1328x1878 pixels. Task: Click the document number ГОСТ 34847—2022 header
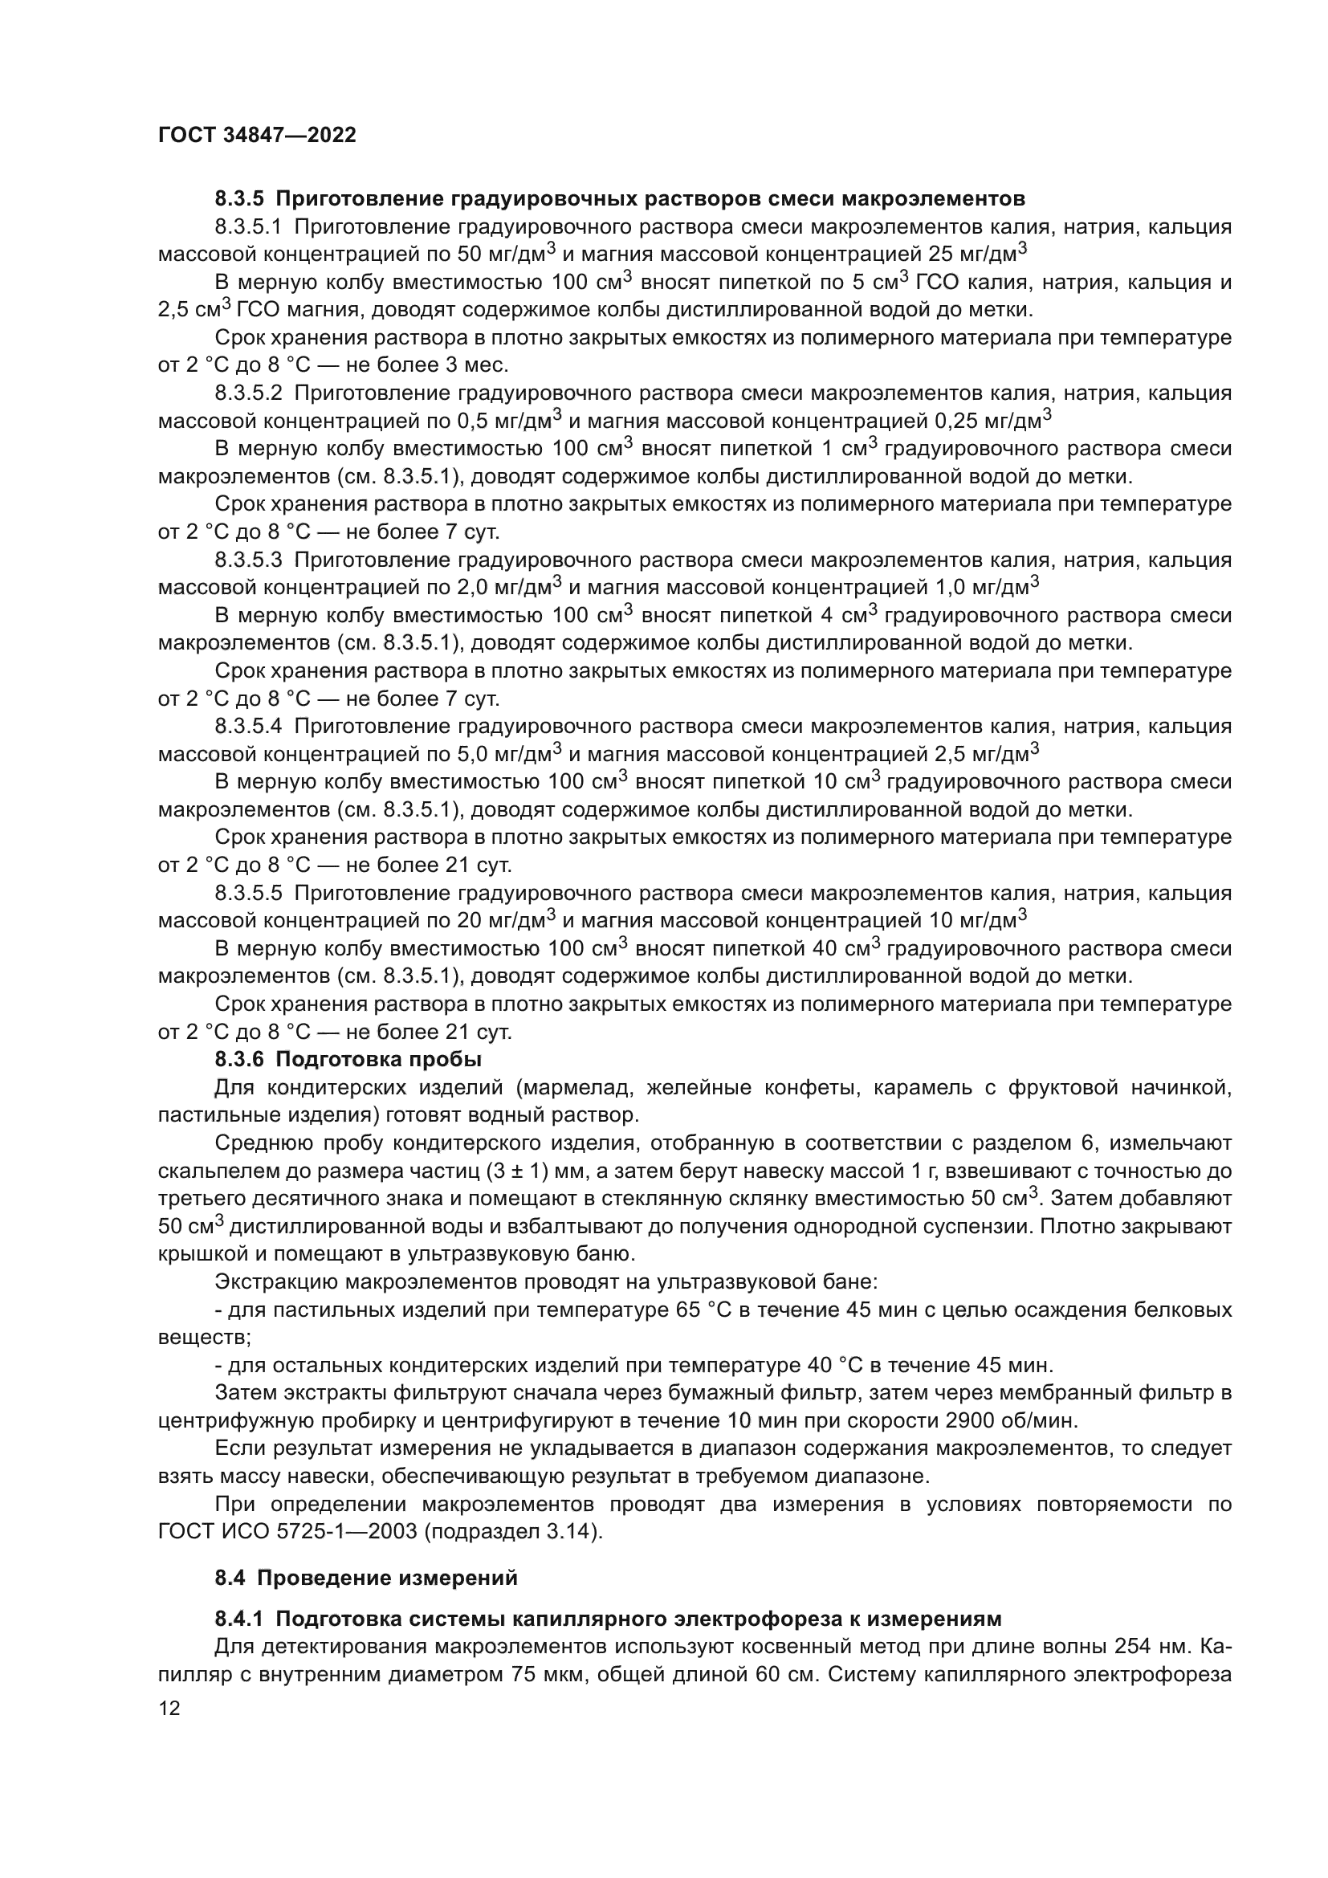[x=257, y=136]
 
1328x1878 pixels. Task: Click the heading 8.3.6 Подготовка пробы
[x=348, y=1060]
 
